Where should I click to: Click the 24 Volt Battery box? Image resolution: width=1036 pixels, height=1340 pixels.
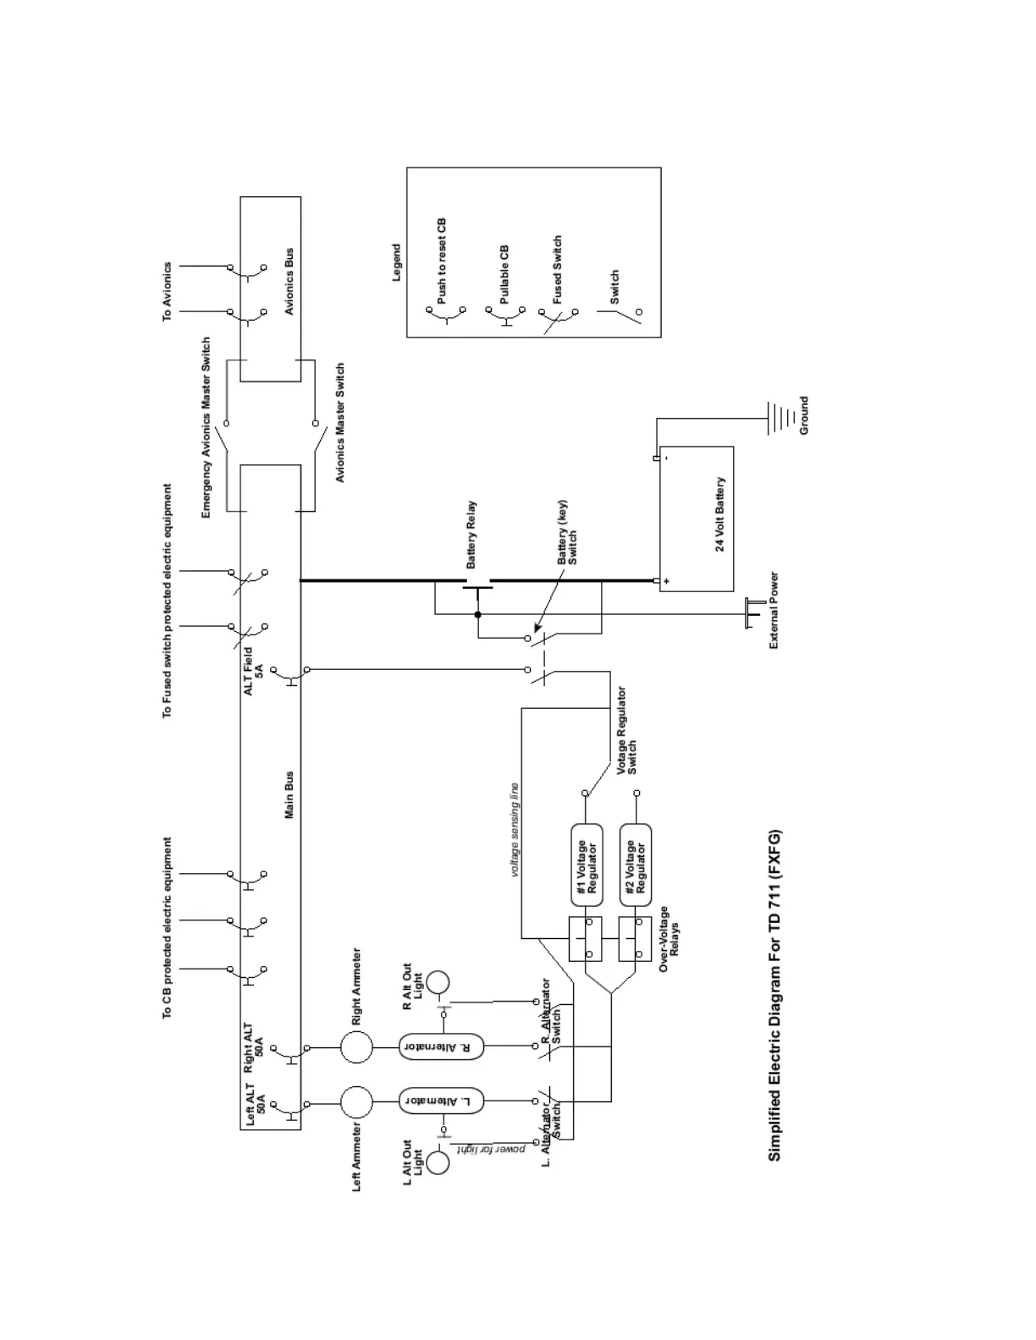click(x=696, y=519)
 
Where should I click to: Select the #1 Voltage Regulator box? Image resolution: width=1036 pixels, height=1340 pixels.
click(x=587, y=867)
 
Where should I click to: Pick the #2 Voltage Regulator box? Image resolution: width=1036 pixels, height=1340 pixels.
click(x=636, y=867)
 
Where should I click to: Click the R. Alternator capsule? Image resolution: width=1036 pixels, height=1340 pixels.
click(x=441, y=1046)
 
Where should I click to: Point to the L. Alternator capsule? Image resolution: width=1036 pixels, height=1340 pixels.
click(x=441, y=1101)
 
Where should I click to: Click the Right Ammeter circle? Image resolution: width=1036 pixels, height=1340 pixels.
click(x=356, y=1047)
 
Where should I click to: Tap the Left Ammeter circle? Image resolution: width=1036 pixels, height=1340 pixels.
click(x=356, y=1102)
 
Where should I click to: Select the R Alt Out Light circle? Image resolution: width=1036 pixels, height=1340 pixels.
click(x=438, y=982)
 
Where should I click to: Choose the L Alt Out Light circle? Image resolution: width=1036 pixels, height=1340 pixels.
click(x=438, y=1162)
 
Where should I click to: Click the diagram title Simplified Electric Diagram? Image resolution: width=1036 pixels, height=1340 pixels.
click(x=774, y=995)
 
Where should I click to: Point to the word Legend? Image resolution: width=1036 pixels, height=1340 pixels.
click(x=396, y=263)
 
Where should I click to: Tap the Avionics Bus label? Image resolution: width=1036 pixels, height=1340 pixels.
click(x=289, y=282)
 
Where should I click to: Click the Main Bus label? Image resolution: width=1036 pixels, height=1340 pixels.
click(x=289, y=794)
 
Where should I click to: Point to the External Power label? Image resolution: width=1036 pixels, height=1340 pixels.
click(x=774, y=611)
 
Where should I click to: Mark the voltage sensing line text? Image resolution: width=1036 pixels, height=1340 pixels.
click(x=514, y=829)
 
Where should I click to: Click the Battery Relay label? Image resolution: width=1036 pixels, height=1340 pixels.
click(x=471, y=534)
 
